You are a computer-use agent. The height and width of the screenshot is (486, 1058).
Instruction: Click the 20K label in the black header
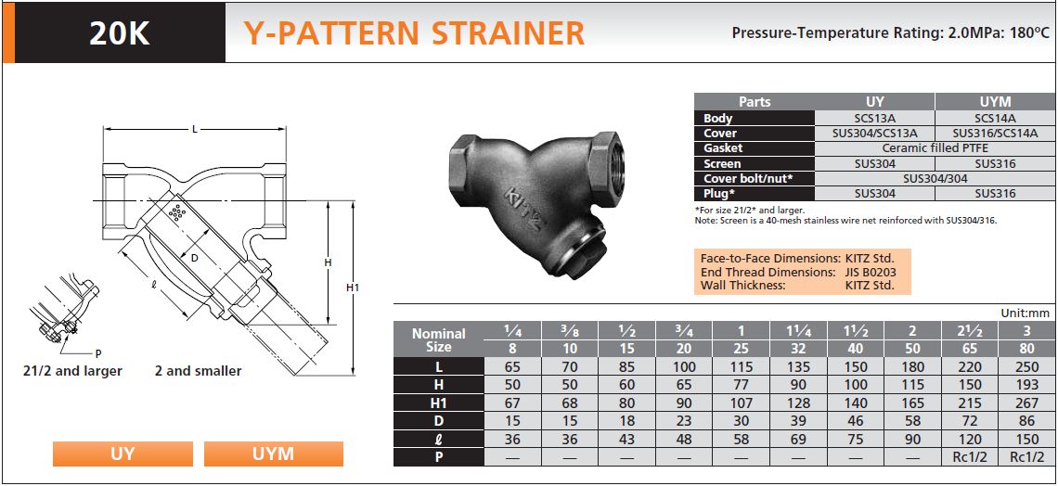click(119, 33)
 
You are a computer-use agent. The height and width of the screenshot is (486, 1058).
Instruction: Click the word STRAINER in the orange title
click(508, 33)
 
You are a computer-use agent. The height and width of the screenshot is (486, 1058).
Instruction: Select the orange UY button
click(123, 454)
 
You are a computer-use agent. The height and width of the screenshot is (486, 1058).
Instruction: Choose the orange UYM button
click(273, 454)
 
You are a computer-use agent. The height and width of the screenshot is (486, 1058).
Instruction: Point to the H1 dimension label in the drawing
click(353, 288)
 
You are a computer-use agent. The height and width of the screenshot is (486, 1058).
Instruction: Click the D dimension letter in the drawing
click(194, 258)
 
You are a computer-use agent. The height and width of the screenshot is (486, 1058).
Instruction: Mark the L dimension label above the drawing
click(194, 129)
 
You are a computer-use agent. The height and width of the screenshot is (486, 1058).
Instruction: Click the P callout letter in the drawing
click(98, 353)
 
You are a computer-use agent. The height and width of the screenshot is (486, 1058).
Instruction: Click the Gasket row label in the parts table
click(723, 148)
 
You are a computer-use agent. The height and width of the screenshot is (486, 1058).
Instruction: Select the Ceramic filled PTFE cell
click(935, 148)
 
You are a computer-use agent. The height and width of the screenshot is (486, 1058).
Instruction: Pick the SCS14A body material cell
click(995, 118)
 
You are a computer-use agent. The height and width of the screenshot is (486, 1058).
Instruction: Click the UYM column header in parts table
click(995, 102)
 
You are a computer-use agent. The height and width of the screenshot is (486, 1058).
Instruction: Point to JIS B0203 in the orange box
click(870, 273)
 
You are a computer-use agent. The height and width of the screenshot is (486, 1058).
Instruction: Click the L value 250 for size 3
click(1026, 366)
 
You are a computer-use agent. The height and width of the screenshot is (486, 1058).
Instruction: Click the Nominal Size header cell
click(439, 340)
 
